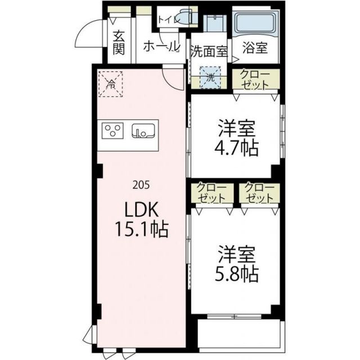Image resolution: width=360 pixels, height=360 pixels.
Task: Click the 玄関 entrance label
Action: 118,43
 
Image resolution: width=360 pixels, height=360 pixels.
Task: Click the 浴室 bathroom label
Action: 254,48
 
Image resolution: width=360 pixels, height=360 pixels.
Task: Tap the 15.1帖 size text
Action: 142,229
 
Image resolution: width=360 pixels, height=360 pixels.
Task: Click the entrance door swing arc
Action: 85,37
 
